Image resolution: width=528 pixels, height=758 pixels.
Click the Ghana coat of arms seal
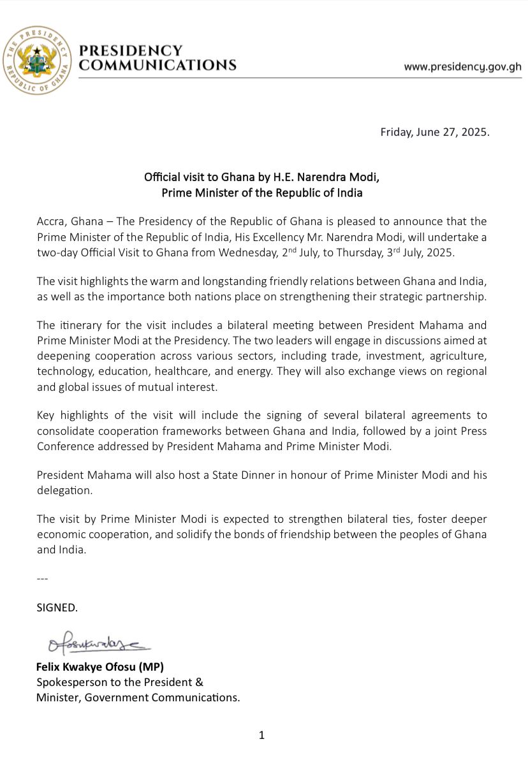coord(37,61)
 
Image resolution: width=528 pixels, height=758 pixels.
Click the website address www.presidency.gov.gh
coord(462,66)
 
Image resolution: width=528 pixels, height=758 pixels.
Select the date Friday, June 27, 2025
coord(435,133)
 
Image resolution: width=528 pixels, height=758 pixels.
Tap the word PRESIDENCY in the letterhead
coord(131,51)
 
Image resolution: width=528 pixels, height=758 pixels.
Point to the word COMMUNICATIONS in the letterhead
coord(158,65)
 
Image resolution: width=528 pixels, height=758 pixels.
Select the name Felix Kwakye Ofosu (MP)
coord(100,667)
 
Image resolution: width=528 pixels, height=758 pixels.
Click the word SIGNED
coord(57,608)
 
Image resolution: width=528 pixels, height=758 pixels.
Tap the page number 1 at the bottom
coord(261,735)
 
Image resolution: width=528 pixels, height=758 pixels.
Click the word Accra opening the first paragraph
coord(51,221)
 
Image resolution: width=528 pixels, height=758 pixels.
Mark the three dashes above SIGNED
coord(43,579)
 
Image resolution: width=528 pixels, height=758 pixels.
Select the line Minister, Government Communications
coord(138,697)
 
